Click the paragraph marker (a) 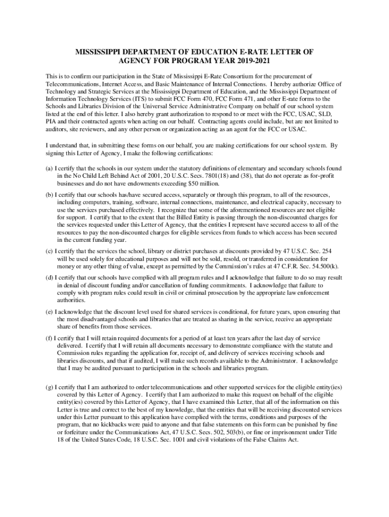click(x=49, y=168)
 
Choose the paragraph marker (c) click(x=49, y=251)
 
